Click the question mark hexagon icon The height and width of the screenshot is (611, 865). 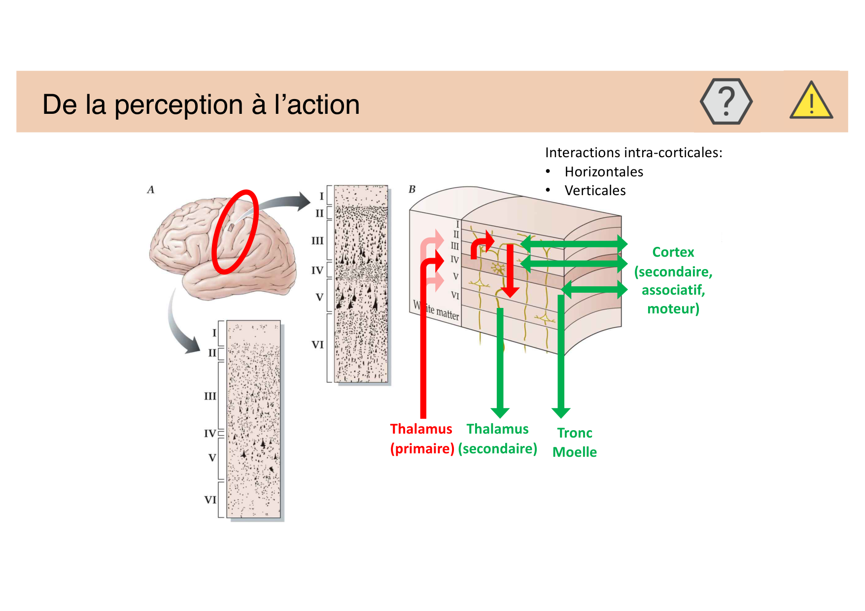pos(726,102)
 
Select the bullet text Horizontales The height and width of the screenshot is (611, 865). pos(604,172)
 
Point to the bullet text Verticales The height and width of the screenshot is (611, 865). pos(595,191)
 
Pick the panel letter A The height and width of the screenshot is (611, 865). pos(151,190)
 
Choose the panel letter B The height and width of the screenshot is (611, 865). pos(412,189)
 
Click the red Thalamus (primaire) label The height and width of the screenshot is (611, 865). pos(422,439)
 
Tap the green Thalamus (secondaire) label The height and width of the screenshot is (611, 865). pos(497,439)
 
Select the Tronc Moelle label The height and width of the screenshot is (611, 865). pos(575,442)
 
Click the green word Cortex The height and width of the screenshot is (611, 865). pos(673,252)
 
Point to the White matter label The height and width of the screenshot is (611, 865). pos(436,310)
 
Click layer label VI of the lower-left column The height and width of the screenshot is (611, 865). pos(210,500)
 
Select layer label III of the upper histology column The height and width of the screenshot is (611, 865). pos(317,241)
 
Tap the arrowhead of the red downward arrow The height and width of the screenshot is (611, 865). pos(510,291)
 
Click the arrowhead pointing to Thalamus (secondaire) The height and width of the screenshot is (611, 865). pos(500,412)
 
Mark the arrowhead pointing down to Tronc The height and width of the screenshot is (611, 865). pos(561,412)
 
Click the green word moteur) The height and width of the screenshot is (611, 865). pos(673,309)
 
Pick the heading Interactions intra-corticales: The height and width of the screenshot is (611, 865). pos(633,153)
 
